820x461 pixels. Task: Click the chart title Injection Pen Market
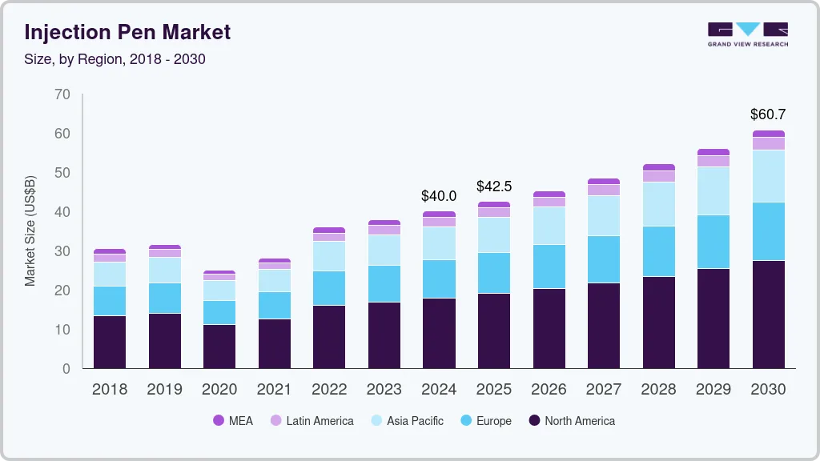click(x=127, y=32)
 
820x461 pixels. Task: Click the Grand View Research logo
click(x=747, y=34)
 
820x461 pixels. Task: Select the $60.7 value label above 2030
click(x=768, y=114)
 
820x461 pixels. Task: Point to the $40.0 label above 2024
click(x=439, y=195)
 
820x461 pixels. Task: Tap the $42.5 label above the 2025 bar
click(x=494, y=186)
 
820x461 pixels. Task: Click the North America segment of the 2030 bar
click(x=768, y=314)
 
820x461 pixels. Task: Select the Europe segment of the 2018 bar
click(x=110, y=301)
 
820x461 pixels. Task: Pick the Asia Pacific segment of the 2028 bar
click(x=658, y=204)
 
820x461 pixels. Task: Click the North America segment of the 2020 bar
click(x=219, y=346)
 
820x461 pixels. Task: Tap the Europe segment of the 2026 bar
click(x=549, y=267)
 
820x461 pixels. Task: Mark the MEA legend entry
click(x=233, y=420)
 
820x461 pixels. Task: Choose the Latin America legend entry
click(x=312, y=420)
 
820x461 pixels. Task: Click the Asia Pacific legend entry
click(x=406, y=420)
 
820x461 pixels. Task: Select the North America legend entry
click(x=572, y=420)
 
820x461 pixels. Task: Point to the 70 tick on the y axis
click(x=62, y=94)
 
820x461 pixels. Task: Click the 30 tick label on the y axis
click(x=62, y=251)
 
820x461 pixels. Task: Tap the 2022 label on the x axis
click(x=329, y=390)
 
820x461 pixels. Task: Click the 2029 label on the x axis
click(x=713, y=390)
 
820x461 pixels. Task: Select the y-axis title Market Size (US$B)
click(x=30, y=230)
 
